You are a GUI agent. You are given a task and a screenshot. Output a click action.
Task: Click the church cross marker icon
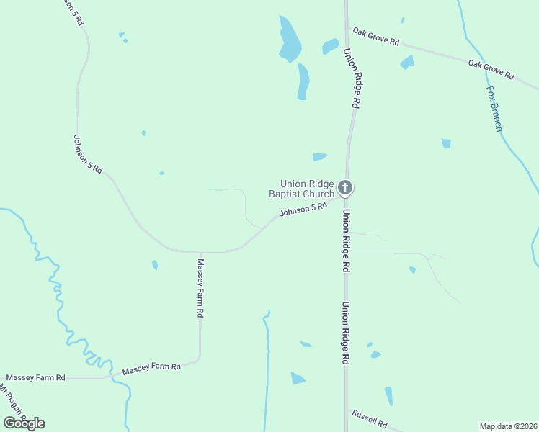click(345, 189)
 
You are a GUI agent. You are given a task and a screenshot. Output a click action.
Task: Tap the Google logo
click(24, 423)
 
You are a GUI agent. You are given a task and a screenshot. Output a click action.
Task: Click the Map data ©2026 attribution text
click(509, 426)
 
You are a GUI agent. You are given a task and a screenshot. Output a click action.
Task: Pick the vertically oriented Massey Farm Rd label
click(201, 289)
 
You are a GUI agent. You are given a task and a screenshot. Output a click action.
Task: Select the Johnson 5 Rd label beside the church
click(303, 210)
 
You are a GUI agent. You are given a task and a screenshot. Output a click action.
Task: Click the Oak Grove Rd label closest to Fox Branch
click(491, 69)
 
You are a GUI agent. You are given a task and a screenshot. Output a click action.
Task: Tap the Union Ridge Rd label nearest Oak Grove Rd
click(350, 78)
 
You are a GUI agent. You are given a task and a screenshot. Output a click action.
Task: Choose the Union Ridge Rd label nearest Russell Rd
click(345, 332)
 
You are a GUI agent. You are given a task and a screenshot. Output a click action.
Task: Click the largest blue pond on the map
click(289, 40)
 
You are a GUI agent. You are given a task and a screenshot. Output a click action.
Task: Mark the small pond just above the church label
click(319, 156)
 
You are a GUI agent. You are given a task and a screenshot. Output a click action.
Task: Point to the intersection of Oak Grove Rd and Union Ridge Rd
click(347, 29)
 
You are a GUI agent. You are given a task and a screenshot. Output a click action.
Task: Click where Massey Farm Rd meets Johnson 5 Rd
click(200, 251)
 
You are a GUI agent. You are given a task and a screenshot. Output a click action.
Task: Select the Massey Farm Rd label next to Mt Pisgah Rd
click(36, 377)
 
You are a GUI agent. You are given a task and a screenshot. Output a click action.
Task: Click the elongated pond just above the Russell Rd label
click(388, 396)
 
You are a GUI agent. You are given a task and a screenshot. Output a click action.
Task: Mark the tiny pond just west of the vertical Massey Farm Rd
click(155, 265)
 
